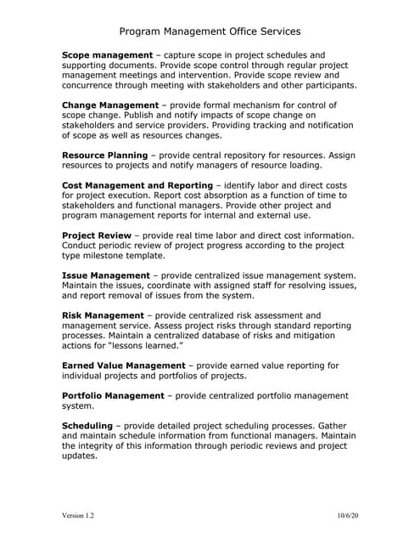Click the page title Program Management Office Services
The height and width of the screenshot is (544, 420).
tap(210, 31)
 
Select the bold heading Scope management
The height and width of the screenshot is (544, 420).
tap(106, 55)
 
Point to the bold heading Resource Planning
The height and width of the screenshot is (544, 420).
tap(105, 156)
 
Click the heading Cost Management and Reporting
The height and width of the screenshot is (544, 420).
tap(137, 185)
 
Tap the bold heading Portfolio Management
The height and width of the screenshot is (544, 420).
tap(114, 395)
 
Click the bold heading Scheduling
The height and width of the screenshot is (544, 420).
tap(87, 425)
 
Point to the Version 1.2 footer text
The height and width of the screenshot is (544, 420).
tap(78, 516)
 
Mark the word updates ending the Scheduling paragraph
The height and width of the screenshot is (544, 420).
tap(81, 456)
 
